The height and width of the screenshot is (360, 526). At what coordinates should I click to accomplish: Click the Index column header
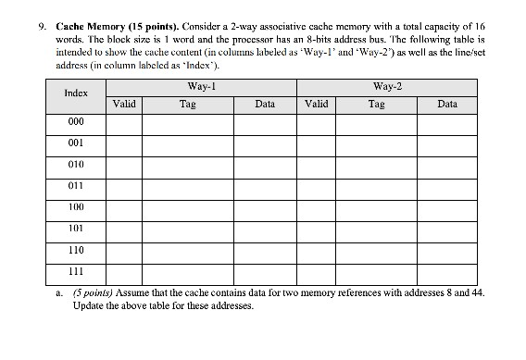point(76,94)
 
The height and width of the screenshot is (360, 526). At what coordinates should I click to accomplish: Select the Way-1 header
point(201,85)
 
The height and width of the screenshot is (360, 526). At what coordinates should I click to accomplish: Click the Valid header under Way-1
point(124,105)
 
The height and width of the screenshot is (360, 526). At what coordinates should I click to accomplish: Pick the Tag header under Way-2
point(376,105)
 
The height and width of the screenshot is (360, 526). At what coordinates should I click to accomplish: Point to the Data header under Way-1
point(265,105)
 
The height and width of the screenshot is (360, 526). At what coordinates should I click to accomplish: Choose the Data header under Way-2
point(447,105)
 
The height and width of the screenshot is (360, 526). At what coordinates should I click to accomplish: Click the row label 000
point(76,121)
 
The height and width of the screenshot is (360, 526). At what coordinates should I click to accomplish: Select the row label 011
point(76,186)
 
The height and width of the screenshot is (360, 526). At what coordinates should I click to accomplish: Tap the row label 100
point(76,207)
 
